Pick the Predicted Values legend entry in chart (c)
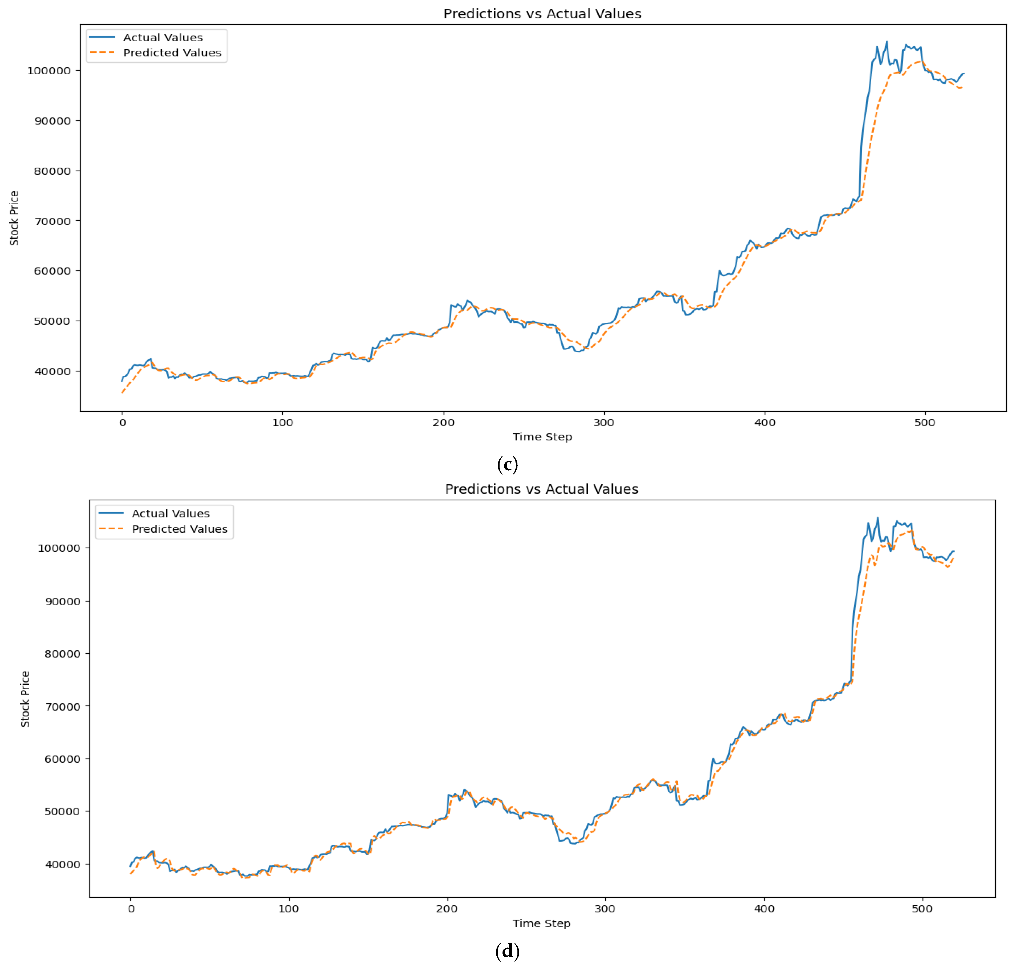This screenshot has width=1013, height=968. pyautogui.click(x=172, y=53)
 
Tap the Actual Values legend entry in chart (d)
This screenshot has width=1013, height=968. pyautogui.click(x=170, y=513)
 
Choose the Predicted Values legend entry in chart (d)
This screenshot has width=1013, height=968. pyautogui.click(x=179, y=529)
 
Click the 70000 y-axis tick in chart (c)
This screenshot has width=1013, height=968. pyautogui.click(x=52, y=221)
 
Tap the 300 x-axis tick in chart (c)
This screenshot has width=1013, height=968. pyautogui.click(x=603, y=423)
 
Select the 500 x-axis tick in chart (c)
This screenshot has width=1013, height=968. pyautogui.click(x=924, y=423)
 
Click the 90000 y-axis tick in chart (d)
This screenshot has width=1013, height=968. pyautogui.click(x=62, y=601)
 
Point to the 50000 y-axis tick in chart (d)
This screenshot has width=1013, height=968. pyautogui.click(x=62, y=811)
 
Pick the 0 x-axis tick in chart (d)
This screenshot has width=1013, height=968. pyautogui.click(x=131, y=909)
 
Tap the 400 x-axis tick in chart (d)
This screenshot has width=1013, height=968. pyautogui.click(x=764, y=909)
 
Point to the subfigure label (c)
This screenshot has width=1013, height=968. pyautogui.click(x=507, y=464)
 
